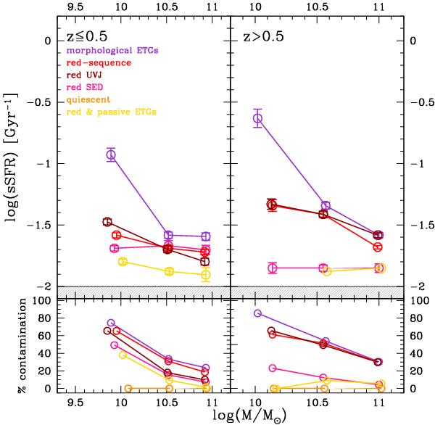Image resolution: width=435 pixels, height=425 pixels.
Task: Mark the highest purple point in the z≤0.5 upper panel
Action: click(x=111, y=154)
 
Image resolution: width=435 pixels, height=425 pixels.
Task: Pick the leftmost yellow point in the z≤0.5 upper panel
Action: click(x=123, y=261)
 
